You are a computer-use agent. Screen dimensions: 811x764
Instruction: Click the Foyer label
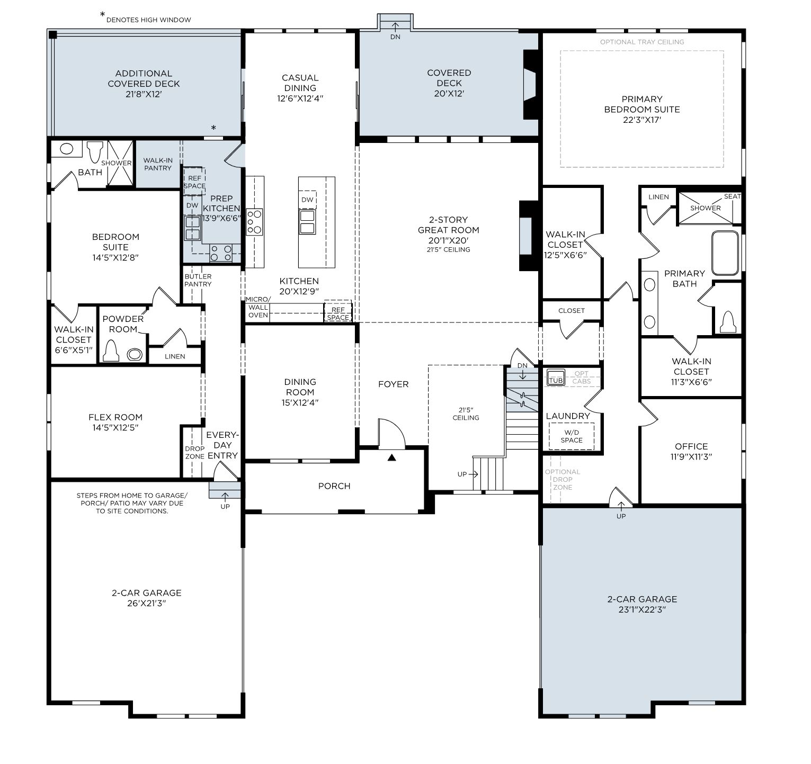[393, 384]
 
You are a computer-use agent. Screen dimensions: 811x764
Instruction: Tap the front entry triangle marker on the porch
[391, 457]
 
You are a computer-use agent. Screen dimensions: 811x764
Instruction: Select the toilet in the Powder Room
[111, 350]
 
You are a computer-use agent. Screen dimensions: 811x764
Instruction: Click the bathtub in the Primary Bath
[725, 253]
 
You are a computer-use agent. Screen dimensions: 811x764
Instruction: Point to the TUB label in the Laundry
[556, 380]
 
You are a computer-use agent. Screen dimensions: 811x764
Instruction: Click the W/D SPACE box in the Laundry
[572, 436]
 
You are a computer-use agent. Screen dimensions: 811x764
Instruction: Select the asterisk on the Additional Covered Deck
[213, 128]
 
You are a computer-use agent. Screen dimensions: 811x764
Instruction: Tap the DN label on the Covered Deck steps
[395, 37]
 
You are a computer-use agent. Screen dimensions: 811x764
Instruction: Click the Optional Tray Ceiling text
[642, 42]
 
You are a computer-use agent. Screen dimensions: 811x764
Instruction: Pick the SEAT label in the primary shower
[732, 196]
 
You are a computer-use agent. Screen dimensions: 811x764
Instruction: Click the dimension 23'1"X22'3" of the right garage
[642, 609]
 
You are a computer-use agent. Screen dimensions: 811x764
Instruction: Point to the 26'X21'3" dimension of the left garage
[147, 603]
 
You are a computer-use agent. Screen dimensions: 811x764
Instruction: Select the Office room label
[691, 446]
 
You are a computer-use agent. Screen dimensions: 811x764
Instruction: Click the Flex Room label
[115, 417]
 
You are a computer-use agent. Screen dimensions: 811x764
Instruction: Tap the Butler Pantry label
[198, 280]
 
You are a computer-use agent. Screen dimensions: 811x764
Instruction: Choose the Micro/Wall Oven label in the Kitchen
[258, 307]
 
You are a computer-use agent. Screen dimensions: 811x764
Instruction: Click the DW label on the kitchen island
[307, 200]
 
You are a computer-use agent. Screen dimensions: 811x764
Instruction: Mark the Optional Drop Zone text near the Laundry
[563, 479]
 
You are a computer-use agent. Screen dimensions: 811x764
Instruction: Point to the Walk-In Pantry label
[158, 164]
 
